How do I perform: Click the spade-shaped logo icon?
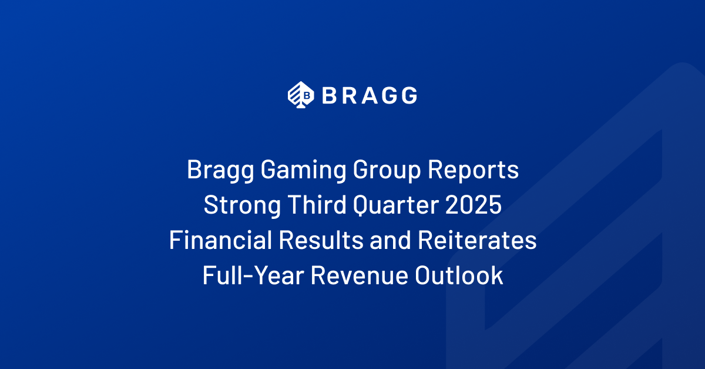click(301, 95)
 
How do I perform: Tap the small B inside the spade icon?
click(307, 95)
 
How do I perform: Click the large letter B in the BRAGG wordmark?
click(329, 95)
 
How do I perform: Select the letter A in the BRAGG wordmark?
click(370, 95)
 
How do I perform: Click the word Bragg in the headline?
click(220, 170)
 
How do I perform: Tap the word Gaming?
click(303, 170)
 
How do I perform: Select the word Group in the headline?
click(387, 170)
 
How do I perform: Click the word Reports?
click(473, 170)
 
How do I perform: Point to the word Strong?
click(242, 205)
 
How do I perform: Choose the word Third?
click(317, 204)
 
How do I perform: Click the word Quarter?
click(396, 205)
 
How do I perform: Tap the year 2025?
click(474, 205)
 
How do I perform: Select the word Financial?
click(220, 240)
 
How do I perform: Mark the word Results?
click(321, 240)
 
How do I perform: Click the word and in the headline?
click(390, 240)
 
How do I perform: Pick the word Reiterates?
click(477, 240)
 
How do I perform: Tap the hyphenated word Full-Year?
click(253, 275)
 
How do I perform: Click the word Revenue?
click(360, 275)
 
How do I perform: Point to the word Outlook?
click(459, 275)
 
